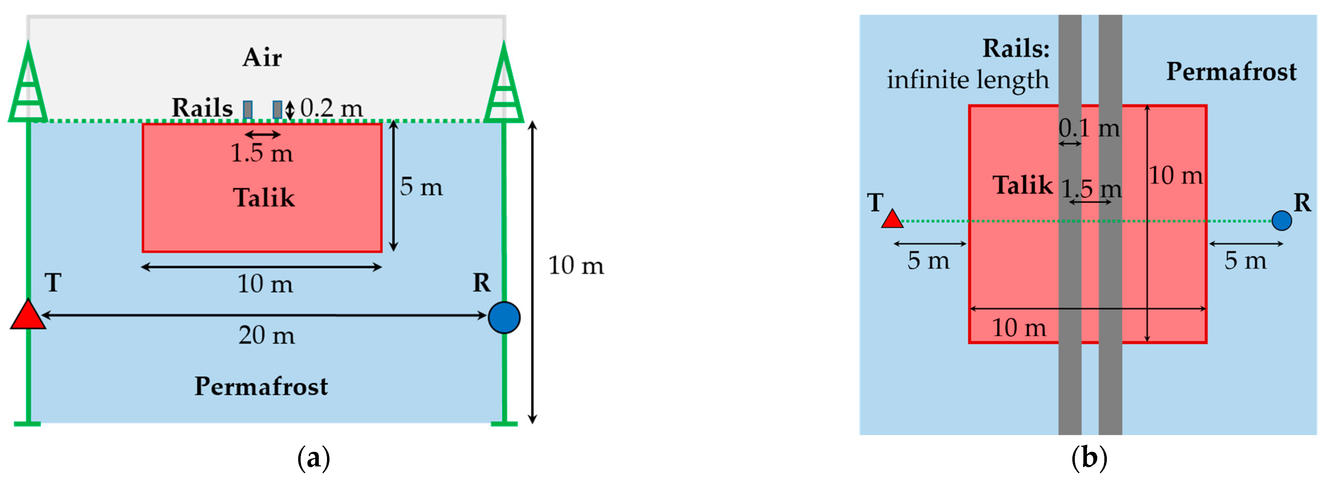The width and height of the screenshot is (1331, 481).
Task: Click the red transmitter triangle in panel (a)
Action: pyautogui.click(x=28, y=315)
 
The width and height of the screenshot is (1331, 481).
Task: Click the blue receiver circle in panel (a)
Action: pyautogui.click(x=504, y=317)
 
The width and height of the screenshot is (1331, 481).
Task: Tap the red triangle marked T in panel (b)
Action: pyautogui.click(x=892, y=219)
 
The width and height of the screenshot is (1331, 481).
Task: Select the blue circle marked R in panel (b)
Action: pyautogui.click(x=1282, y=220)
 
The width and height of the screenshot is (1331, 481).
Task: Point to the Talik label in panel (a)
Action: pyautogui.click(x=264, y=198)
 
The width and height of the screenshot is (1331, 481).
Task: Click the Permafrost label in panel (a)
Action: pyautogui.click(x=261, y=386)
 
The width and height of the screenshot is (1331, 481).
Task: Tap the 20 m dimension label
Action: pyautogui.click(x=266, y=335)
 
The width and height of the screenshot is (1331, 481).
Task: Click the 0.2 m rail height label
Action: pyautogui.click(x=331, y=108)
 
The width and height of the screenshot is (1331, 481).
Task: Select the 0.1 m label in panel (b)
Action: pyautogui.click(x=1089, y=128)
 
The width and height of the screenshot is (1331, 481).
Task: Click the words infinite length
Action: pyautogui.click(x=968, y=80)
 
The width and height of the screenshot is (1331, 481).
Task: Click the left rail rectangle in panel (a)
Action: pyautogui.click(x=248, y=110)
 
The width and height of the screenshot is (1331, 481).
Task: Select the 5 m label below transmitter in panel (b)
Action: pyautogui.click(x=929, y=260)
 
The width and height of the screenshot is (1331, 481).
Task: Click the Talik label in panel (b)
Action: pyautogui.click(x=1022, y=185)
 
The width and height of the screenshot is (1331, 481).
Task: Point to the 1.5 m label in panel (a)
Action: pyautogui.click(x=262, y=153)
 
